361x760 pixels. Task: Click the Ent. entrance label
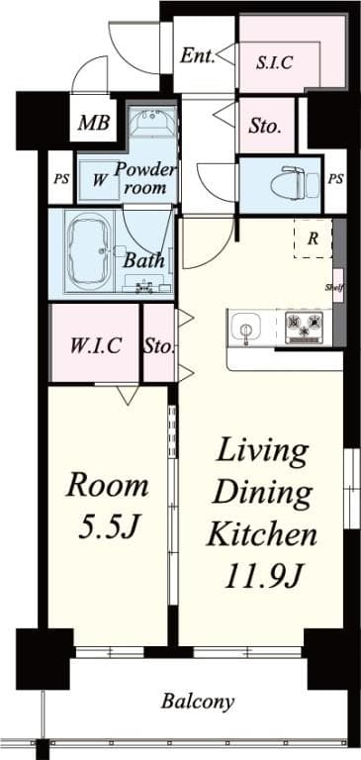(197, 55)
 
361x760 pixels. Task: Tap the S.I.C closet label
(273, 61)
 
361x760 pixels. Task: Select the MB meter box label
(94, 126)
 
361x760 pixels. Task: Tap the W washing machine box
(100, 180)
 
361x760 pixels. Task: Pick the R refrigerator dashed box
(313, 237)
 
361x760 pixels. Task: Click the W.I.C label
(95, 345)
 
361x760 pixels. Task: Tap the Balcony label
(199, 702)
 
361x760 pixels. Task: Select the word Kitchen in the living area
(261, 535)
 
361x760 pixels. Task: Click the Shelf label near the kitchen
(334, 288)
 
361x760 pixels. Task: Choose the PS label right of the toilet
(336, 179)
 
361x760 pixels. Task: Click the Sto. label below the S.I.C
(266, 127)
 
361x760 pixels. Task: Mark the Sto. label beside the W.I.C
(159, 346)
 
